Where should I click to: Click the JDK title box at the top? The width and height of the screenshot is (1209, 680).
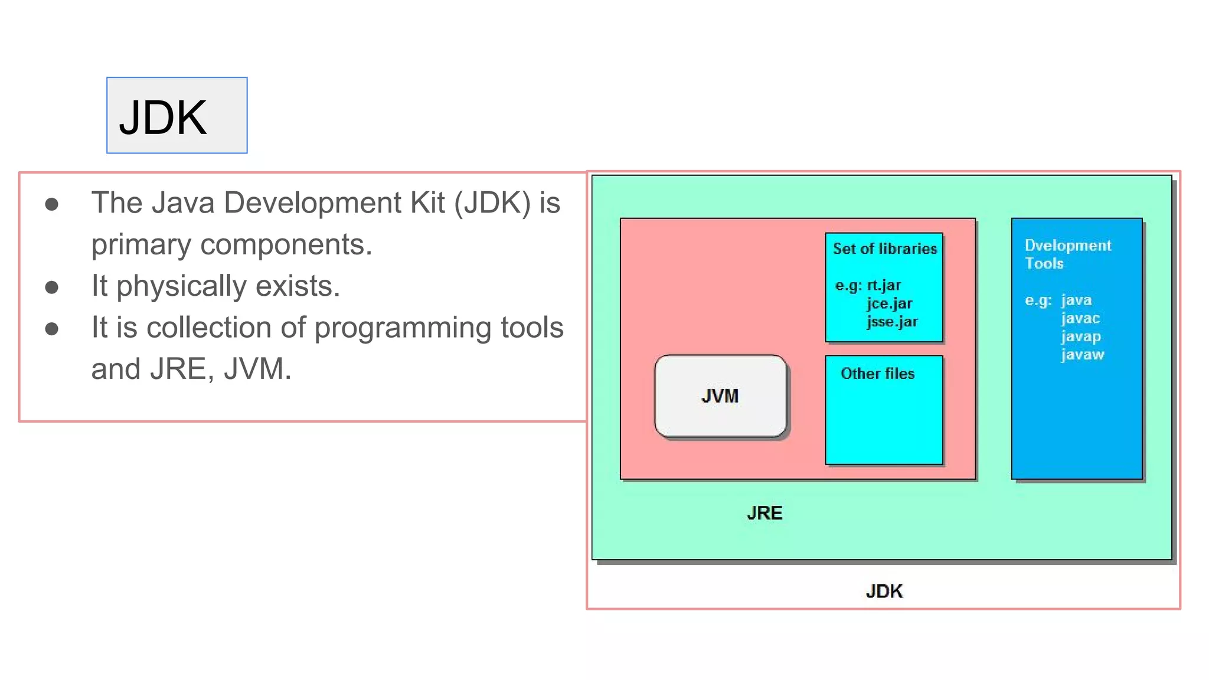click(177, 116)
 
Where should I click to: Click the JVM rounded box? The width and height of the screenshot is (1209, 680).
click(720, 396)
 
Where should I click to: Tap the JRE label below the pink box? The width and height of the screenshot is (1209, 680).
click(764, 513)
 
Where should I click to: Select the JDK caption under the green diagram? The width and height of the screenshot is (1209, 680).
click(884, 591)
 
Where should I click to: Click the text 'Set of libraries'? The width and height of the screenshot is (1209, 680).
click(884, 249)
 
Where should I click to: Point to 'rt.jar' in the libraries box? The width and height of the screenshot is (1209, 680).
click(884, 285)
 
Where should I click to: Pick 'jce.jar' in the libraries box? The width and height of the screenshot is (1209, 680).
click(889, 303)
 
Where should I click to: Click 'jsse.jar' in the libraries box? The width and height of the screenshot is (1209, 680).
click(892, 322)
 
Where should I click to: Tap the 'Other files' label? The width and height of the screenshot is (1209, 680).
click(877, 374)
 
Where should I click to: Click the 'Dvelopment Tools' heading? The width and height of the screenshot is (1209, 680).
click(1067, 254)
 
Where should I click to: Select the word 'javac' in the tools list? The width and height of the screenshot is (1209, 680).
click(1080, 318)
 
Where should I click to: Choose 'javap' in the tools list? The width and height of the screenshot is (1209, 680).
click(1080, 336)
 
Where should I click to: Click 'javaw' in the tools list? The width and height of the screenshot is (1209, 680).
click(1082, 355)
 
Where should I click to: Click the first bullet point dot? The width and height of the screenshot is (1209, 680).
click(52, 204)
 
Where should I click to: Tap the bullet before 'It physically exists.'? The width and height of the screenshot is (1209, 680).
click(52, 287)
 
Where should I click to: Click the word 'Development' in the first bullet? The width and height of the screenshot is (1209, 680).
click(313, 202)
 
